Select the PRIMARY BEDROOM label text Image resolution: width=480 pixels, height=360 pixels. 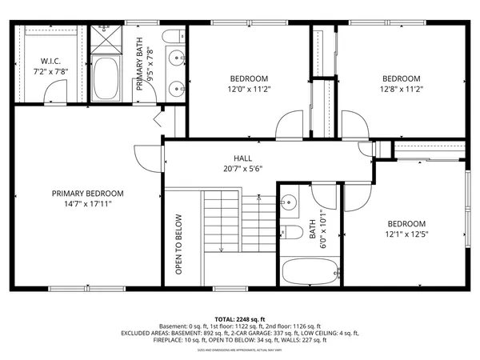[x=88, y=193]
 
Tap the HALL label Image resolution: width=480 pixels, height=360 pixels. [x=243, y=158]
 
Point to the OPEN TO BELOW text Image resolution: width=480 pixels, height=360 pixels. [x=179, y=244]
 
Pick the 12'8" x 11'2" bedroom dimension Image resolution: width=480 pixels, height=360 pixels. [x=401, y=89]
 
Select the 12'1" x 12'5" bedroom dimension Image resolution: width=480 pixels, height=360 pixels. [x=407, y=234]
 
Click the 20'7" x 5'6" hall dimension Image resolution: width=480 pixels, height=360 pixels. [x=243, y=168]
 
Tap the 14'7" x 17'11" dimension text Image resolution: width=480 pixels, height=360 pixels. [x=88, y=204]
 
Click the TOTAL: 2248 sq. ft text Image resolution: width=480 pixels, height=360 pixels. [x=239, y=318]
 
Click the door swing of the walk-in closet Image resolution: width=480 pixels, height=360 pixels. [x=53, y=97]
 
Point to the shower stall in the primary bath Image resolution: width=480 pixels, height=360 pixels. [x=105, y=39]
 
